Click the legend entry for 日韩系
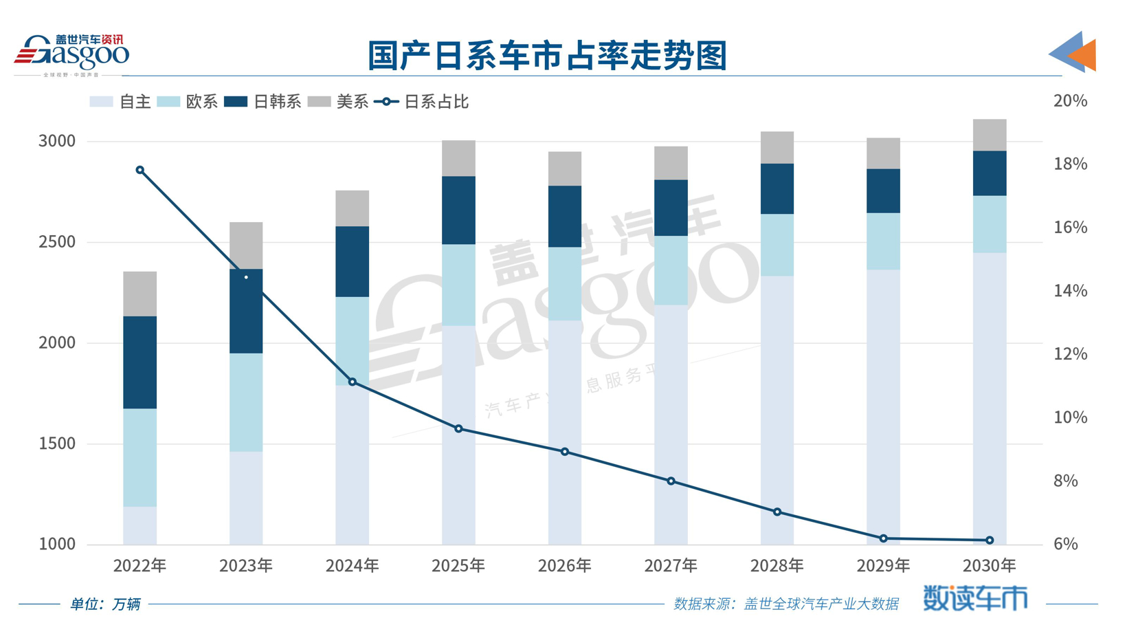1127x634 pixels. coord(263,102)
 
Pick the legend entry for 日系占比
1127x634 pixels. coord(422,102)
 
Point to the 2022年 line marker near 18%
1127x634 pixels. coord(140,170)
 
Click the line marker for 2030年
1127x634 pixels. coord(990,540)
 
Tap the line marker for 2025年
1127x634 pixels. coord(458,428)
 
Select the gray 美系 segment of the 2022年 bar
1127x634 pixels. coord(140,294)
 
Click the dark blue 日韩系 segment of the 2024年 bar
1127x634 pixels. coord(353,261)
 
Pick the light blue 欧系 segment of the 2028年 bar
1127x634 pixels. coord(777,245)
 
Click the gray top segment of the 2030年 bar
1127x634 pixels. coord(990,135)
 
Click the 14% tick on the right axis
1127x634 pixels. coord(1070,291)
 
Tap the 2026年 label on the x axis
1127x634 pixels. coord(564,566)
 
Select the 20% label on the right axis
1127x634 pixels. coord(1070,101)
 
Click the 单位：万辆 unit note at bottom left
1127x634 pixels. coord(105,604)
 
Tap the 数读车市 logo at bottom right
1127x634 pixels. coord(974,598)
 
